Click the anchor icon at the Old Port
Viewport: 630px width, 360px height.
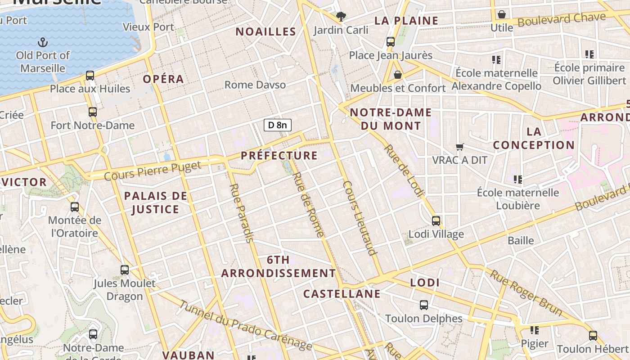pyautogui.click(x=42, y=43)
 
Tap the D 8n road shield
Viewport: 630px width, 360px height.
pyautogui.click(x=278, y=125)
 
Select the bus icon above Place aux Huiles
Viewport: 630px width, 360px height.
pyautogui.click(x=90, y=76)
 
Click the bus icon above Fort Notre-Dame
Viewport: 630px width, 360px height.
pyautogui.click(x=93, y=112)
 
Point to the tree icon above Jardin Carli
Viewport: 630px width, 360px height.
pyautogui.click(x=341, y=17)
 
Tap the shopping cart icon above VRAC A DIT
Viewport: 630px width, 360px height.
pyautogui.click(x=459, y=147)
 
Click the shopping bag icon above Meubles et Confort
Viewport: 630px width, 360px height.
pyautogui.click(x=397, y=75)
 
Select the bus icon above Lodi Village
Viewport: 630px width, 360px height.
pyautogui.click(x=436, y=221)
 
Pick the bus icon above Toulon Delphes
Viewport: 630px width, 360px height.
pyautogui.click(x=423, y=305)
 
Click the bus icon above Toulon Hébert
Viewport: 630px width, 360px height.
pyautogui.click(x=593, y=336)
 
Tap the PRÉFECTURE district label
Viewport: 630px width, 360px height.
pyautogui.click(x=279, y=156)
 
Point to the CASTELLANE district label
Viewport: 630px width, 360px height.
pyautogui.click(x=342, y=294)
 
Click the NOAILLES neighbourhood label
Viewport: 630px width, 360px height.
pyautogui.click(x=266, y=31)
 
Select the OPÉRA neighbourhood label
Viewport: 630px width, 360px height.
pyautogui.click(x=164, y=79)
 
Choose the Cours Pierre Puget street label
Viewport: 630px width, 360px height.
pyautogui.click(x=153, y=171)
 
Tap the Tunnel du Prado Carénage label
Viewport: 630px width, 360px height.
pyautogui.click(x=246, y=325)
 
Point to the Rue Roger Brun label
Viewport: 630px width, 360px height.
pyautogui.click(x=526, y=293)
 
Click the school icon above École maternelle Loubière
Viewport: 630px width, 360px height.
pyautogui.click(x=518, y=180)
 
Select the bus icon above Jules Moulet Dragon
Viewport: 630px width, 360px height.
pyautogui.click(x=125, y=270)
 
